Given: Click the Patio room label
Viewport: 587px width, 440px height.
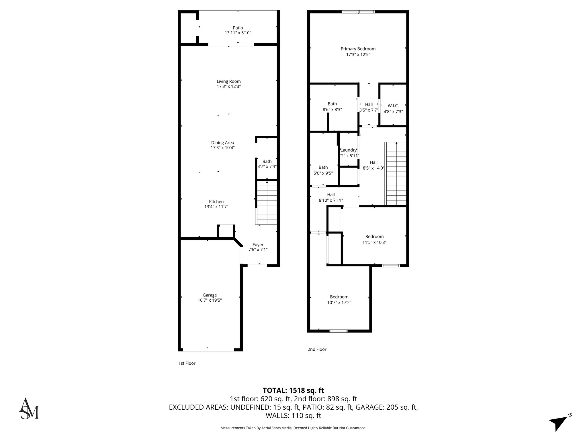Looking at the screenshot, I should (x=238, y=28).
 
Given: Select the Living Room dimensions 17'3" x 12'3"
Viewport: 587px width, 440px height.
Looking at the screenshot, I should (x=228, y=86).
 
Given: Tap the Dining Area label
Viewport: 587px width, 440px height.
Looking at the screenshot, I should (x=222, y=143).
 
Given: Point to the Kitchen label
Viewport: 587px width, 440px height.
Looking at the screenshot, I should (x=216, y=202).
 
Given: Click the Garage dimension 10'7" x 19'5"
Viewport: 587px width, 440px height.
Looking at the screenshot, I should (x=210, y=300).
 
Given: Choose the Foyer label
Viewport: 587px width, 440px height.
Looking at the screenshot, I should (x=258, y=245).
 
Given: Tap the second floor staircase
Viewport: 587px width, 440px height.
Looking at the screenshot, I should (x=396, y=174).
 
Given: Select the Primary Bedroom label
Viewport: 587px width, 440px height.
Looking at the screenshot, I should (x=358, y=49).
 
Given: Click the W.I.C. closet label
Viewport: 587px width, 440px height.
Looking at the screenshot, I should (x=393, y=106).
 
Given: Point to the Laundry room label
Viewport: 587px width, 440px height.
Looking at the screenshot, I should (x=349, y=150).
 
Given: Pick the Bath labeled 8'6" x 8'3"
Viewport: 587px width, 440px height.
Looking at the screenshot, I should (x=332, y=107).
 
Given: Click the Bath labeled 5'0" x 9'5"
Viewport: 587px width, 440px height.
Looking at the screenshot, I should (x=323, y=170).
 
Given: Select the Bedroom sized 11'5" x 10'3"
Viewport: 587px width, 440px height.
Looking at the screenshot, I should (x=374, y=239).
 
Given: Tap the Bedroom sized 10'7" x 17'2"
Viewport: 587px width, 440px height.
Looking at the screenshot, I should (x=339, y=300).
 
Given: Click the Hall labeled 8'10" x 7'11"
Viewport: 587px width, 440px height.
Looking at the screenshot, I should (x=331, y=198).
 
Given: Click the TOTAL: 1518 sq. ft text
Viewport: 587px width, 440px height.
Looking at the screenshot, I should (x=293, y=390).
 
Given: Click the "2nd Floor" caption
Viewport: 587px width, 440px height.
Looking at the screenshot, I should (x=317, y=349).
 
